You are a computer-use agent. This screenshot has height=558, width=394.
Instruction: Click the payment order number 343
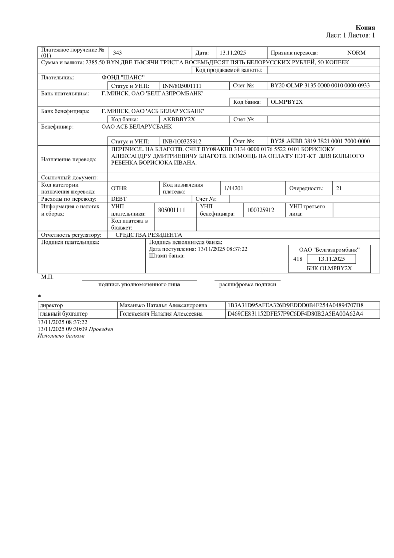coord(117,53)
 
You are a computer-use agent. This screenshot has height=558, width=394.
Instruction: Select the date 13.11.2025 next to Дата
coord(232,53)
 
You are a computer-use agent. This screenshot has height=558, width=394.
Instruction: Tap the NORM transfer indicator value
coord(356,53)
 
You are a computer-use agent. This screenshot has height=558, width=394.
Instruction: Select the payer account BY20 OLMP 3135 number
coord(320,86)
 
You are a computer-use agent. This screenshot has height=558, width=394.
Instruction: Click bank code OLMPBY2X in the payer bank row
coord(286,102)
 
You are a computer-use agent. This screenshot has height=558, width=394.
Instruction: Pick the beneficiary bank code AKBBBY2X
coord(179,119)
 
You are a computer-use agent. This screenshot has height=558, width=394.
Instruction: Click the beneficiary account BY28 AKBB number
coord(320,141)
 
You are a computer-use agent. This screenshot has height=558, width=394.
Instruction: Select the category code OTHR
coord(119,188)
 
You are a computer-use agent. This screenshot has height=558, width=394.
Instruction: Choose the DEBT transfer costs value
coord(119,198)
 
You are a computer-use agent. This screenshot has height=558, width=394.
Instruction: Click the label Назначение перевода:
coord(68,159)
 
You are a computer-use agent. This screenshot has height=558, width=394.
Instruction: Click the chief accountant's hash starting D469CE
coord(296,314)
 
